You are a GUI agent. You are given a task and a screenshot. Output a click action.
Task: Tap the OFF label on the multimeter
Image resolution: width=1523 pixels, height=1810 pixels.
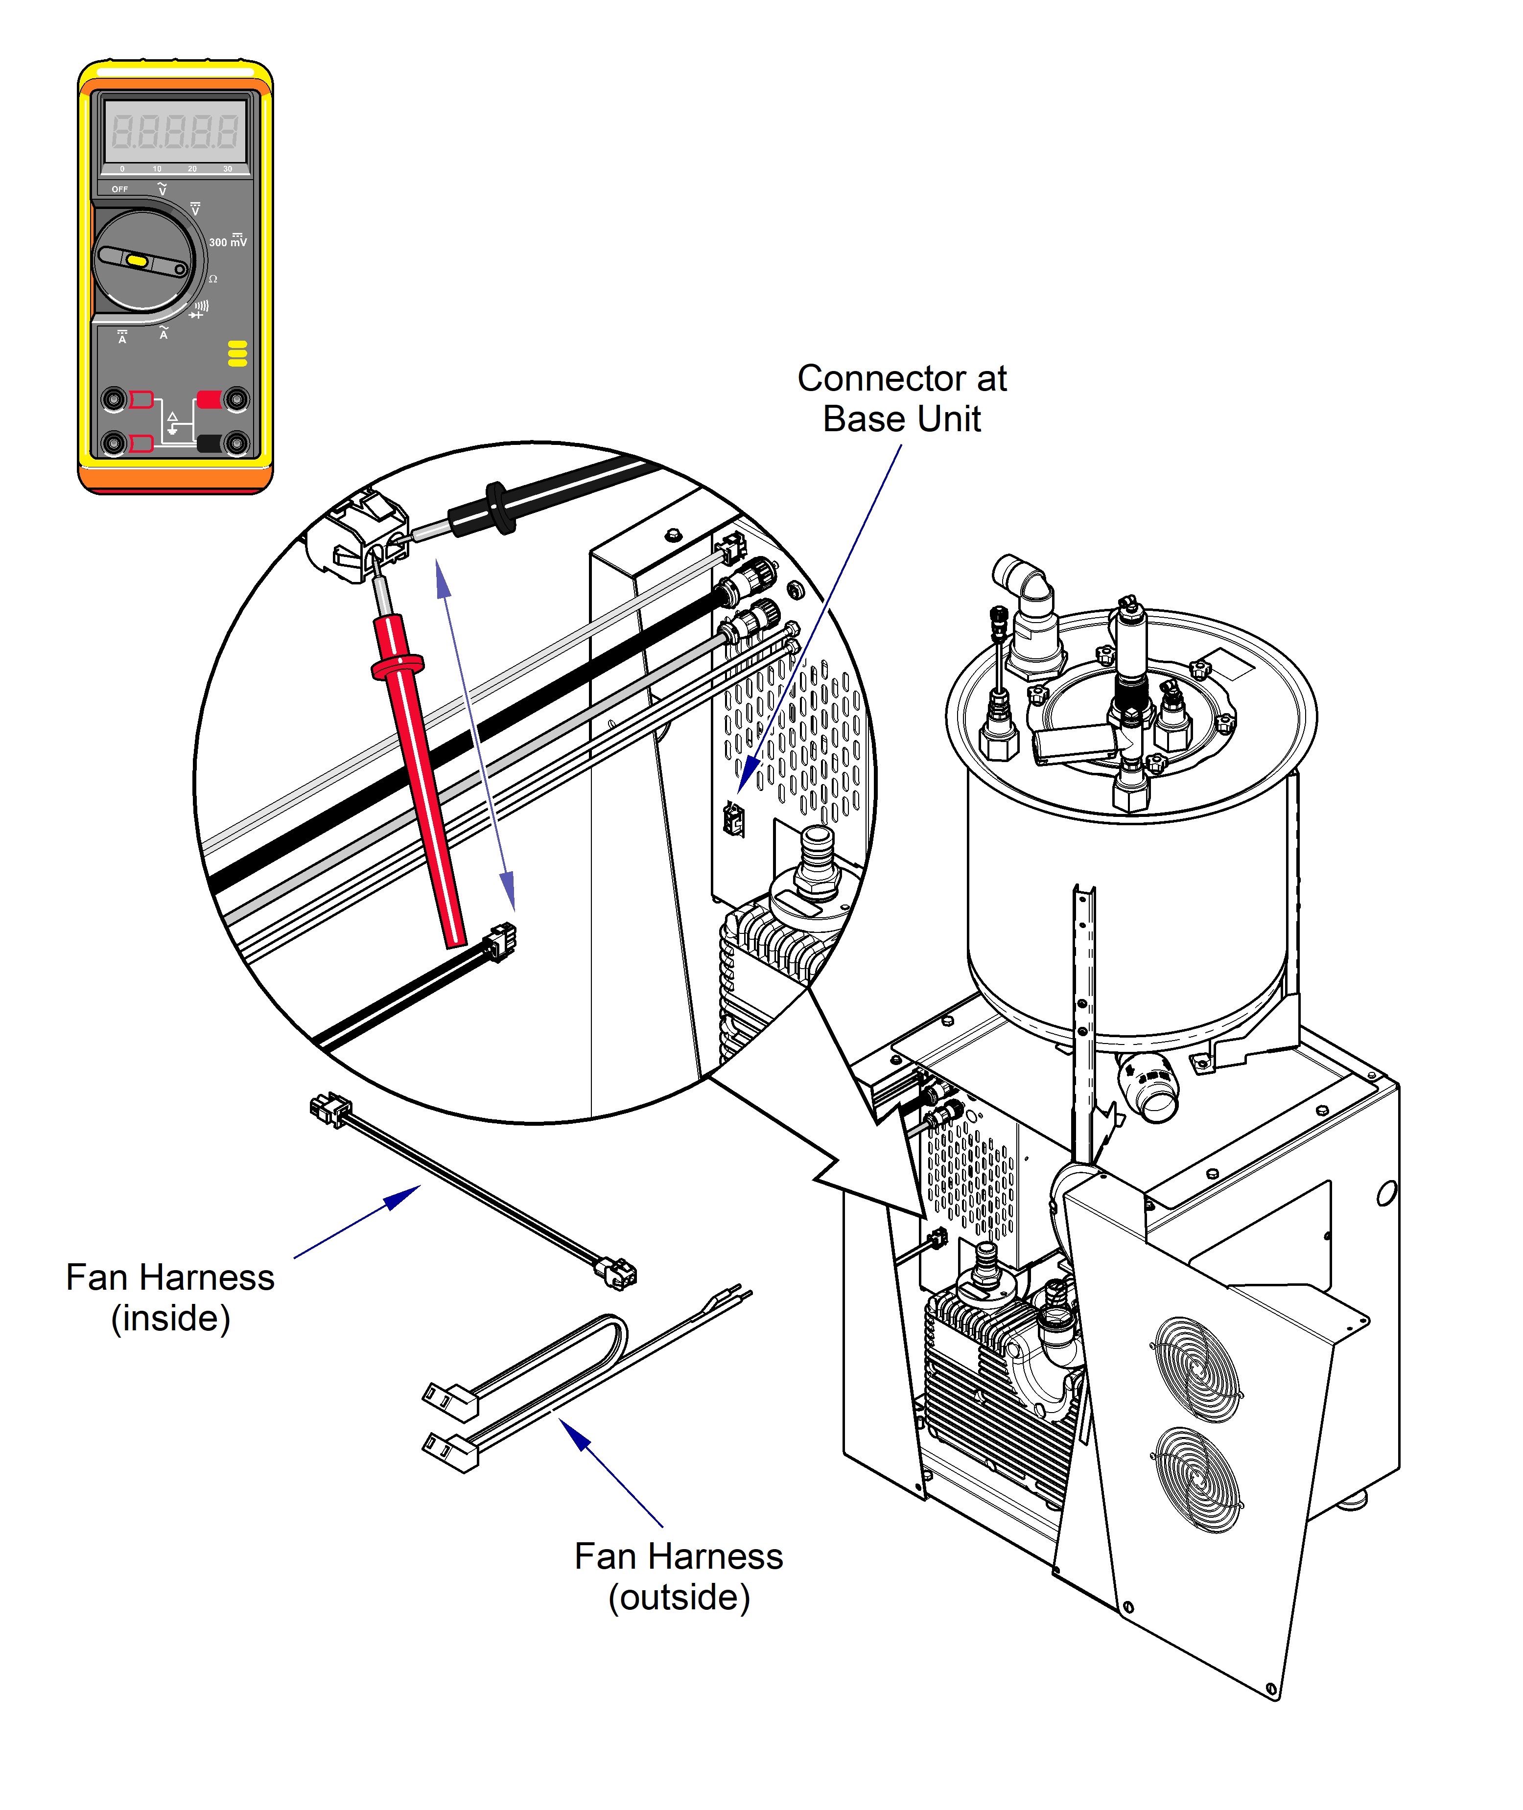pyautogui.click(x=119, y=189)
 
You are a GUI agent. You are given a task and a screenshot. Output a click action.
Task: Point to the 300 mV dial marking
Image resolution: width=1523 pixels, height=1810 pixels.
pyautogui.click(x=227, y=242)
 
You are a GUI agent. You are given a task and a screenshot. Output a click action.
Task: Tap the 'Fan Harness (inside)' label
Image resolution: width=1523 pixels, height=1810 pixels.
pyautogui.click(x=170, y=1297)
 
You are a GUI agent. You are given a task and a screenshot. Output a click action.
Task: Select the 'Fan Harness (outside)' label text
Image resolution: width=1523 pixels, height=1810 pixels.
pyautogui.click(x=679, y=1576)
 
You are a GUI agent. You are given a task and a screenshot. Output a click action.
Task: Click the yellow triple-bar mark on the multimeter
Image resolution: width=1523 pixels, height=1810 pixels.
pyautogui.click(x=237, y=353)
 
